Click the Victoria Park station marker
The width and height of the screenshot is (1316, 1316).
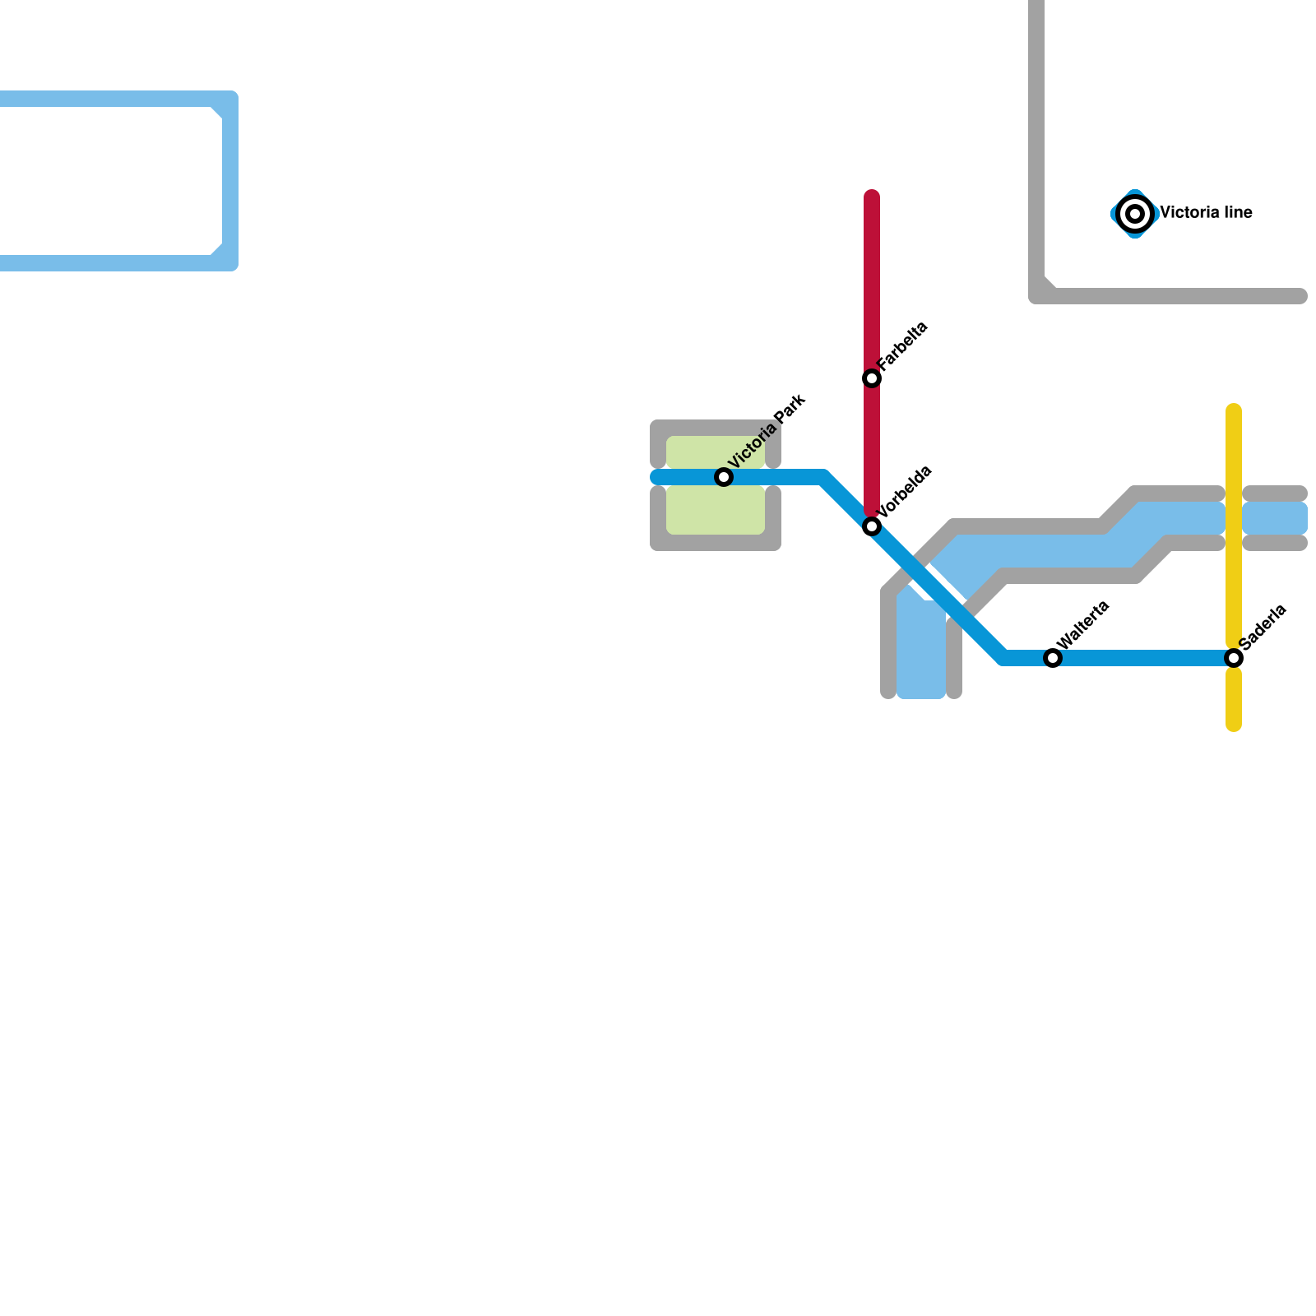[x=724, y=477]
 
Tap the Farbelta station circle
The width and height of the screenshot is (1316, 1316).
[x=872, y=378]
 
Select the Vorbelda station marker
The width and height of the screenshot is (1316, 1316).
[x=872, y=526]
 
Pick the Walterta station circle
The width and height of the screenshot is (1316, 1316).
[x=1053, y=658]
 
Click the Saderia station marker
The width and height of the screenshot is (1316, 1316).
[x=1234, y=658]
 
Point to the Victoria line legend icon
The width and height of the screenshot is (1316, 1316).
[x=1135, y=214]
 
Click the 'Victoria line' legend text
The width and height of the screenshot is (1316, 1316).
[x=1206, y=213]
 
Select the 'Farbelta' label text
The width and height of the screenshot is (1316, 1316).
[x=902, y=345]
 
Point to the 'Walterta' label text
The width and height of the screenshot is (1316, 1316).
[x=1082, y=624]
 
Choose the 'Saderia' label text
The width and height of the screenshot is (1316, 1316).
[x=1263, y=626]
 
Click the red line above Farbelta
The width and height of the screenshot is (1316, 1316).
[x=872, y=280]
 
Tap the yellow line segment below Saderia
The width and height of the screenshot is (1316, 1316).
[x=1234, y=699]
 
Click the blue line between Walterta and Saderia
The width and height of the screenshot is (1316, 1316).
[x=1143, y=658]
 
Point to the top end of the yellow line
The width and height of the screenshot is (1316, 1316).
[x=1234, y=410]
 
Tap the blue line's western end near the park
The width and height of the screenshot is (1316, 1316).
[x=656, y=477]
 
